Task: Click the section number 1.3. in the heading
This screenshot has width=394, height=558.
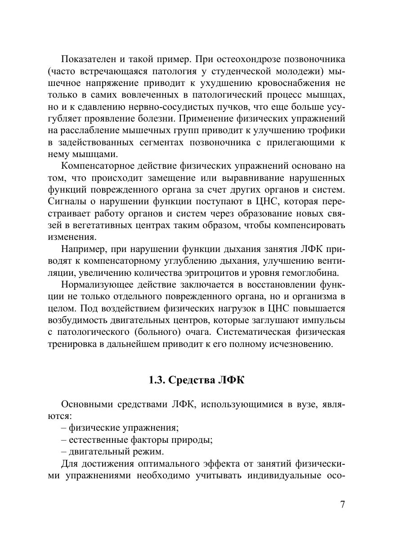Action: (x=157, y=380)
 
